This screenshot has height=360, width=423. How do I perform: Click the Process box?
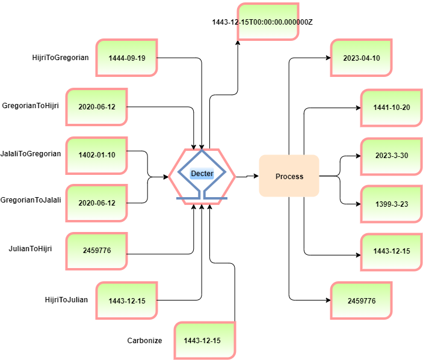[x=289, y=175]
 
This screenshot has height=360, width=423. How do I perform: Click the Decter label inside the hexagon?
[x=202, y=174]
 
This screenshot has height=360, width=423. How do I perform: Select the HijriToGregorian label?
[x=60, y=58]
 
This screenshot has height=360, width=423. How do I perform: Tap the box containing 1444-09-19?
[x=126, y=58]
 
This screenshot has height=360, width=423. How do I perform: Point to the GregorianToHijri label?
[x=30, y=106]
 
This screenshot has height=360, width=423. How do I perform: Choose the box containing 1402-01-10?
[x=97, y=156]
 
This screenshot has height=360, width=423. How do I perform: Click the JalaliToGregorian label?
[x=31, y=154]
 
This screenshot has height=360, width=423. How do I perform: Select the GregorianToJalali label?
[x=31, y=200]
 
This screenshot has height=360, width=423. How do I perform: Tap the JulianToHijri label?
[x=30, y=248]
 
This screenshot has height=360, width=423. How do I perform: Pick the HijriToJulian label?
[x=66, y=300]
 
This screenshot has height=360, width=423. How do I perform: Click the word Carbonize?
[x=144, y=341]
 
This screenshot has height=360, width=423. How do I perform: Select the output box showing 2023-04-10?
[x=361, y=58]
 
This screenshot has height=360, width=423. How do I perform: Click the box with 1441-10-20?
[x=392, y=108]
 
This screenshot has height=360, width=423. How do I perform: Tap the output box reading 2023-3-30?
[x=392, y=156]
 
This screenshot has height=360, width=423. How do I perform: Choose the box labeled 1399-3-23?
[x=392, y=204]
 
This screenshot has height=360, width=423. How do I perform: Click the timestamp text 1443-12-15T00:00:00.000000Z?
[x=262, y=22]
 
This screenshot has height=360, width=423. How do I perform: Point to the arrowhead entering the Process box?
[x=256, y=176]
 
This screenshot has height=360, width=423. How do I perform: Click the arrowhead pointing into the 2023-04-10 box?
[x=328, y=58]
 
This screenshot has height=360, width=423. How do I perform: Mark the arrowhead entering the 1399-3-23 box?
[x=358, y=204]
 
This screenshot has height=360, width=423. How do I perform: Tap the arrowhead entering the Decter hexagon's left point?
[x=166, y=177]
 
